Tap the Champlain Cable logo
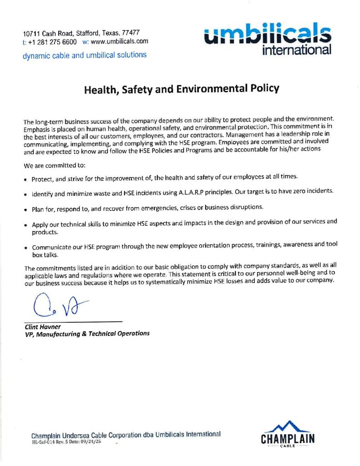288,435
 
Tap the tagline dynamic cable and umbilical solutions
85,55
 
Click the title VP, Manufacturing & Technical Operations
86,334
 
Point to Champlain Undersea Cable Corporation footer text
126,435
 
